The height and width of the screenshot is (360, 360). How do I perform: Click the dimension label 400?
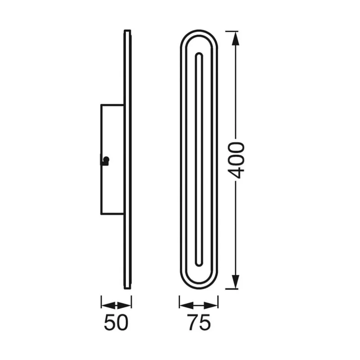[x=237, y=160]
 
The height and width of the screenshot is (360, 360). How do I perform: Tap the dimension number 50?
[x=116, y=322]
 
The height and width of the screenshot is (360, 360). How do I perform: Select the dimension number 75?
[x=199, y=322]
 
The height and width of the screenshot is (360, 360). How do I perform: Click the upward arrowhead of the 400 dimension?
[x=235, y=39]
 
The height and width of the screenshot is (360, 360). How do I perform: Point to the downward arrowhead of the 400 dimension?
[x=235, y=282]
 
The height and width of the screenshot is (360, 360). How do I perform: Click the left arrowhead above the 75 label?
[x=187, y=305]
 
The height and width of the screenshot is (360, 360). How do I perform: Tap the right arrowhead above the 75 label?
[x=211, y=305]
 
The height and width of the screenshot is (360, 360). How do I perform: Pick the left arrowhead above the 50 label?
[x=108, y=305]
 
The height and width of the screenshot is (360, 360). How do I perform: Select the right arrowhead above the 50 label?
[x=124, y=305]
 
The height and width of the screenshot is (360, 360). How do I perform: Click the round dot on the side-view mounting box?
[x=106, y=159]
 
